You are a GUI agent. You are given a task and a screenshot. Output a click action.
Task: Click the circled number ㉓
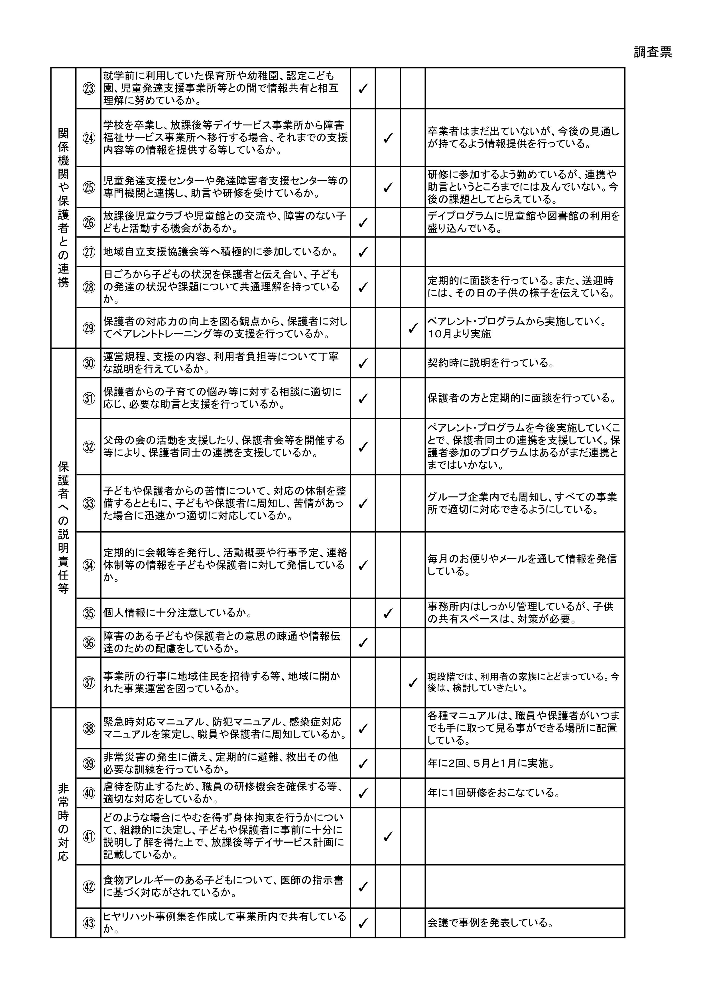click(89, 88)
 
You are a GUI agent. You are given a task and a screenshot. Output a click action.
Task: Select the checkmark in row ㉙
click(412, 328)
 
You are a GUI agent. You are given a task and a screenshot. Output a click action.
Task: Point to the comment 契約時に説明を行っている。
click(491, 363)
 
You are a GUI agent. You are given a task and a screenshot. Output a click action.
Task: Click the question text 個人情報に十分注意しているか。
click(178, 613)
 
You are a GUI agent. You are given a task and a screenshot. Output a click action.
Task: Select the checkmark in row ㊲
click(412, 682)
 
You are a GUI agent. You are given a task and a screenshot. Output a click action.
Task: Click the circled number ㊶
click(89, 836)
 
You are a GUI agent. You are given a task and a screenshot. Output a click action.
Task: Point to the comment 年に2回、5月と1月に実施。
click(491, 763)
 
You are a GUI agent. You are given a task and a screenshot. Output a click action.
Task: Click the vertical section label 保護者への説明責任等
click(64, 527)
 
